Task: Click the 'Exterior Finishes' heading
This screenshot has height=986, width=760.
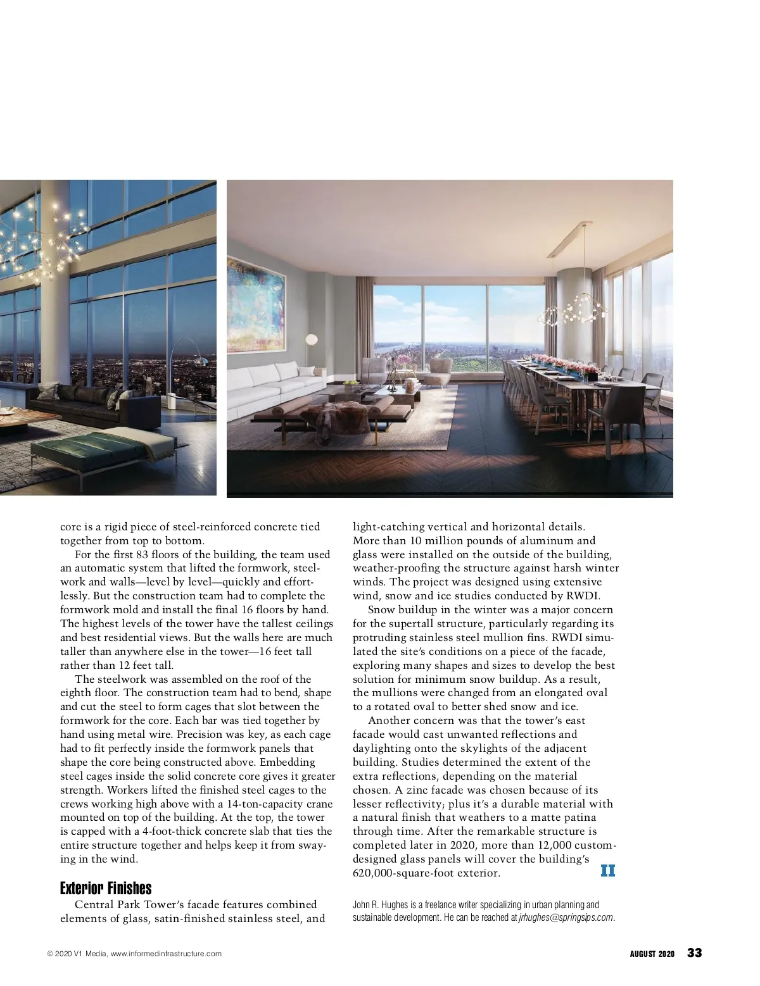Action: coord(106,888)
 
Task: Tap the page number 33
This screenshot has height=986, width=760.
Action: coord(695,953)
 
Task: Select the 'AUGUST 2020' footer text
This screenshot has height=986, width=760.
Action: coord(652,954)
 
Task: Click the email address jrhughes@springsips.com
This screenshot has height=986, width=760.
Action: coord(566,918)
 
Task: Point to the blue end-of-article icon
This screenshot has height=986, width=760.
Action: coord(607,871)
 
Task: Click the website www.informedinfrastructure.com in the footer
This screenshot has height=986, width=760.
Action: coord(166,954)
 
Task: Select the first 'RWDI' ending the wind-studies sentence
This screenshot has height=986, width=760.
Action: coord(587,596)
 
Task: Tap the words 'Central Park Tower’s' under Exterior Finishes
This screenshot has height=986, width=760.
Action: coord(127,905)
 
